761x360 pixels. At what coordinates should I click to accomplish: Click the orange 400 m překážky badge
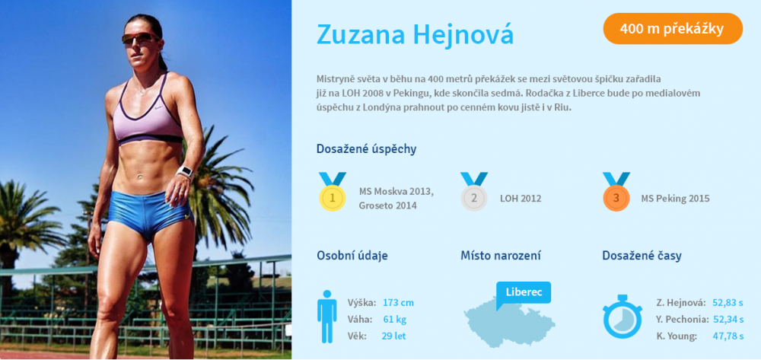673,29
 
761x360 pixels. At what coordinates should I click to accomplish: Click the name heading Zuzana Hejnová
415,34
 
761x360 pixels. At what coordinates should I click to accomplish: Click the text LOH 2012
521,199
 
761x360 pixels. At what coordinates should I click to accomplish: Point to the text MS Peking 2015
675,199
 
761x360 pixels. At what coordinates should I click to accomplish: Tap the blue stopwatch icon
622,317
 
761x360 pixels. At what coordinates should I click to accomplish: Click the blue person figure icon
326,317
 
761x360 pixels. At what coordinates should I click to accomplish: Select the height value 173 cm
398,303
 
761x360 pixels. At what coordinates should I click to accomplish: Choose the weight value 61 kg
394,319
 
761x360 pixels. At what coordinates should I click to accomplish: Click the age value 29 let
393,336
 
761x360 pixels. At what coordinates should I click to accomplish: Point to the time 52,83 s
728,303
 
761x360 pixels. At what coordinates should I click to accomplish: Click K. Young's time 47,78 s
728,336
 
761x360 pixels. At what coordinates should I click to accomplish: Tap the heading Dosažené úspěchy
367,149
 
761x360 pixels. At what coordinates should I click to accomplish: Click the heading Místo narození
501,255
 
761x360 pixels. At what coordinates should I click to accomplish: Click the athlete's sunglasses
140,38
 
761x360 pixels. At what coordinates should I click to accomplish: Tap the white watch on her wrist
185,172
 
